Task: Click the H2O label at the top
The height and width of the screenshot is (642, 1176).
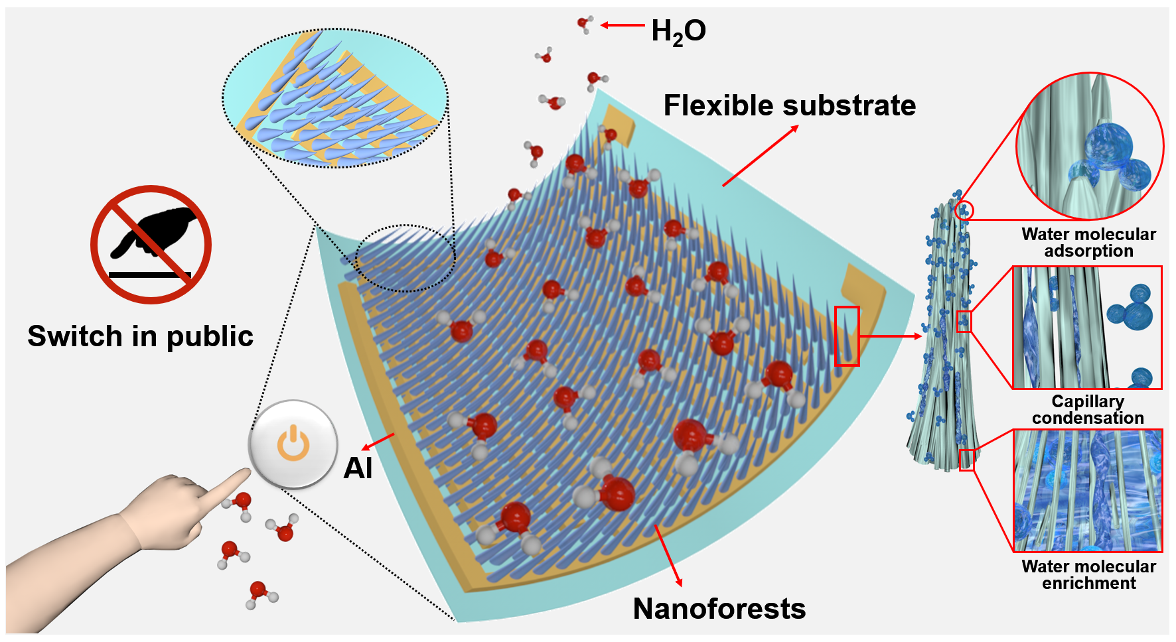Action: [678, 31]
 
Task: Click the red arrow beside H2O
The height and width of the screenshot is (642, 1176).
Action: [623, 25]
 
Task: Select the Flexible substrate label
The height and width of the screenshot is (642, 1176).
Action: [790, 105]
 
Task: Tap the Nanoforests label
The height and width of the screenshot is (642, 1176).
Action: [719, 608]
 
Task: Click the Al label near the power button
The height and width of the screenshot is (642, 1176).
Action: [358, 468]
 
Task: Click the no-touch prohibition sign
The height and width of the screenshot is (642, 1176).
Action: [151, 245]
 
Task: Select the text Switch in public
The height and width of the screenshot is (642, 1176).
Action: [141, 336]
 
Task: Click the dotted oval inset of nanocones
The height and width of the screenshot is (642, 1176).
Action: [335, 98]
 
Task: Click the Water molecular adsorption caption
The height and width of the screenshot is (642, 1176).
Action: [1088, 243]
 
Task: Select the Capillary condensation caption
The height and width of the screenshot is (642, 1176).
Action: [1088, 410]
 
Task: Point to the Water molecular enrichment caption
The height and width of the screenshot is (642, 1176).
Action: [1088, 575]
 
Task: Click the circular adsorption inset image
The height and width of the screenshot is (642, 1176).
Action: [1090, 147]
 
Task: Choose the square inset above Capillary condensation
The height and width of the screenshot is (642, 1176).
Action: [1087, 328]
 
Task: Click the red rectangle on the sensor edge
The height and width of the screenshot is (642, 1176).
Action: [847, 336]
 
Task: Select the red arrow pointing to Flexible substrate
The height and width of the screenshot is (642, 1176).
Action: [761, 156]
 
